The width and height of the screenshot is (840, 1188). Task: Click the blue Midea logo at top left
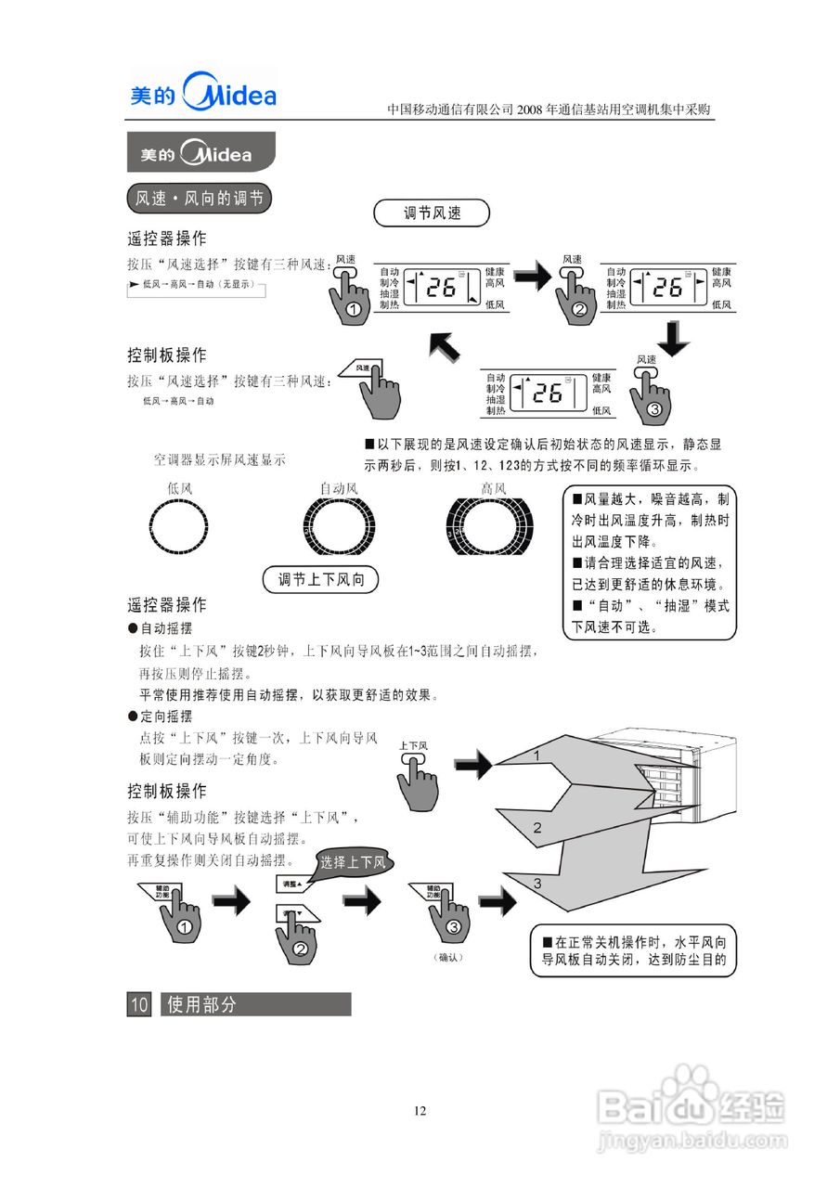[x=203, y=93]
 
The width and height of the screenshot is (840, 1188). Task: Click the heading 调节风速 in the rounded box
[x=432, y=213]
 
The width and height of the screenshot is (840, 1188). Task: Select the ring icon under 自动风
[x=338, y=530]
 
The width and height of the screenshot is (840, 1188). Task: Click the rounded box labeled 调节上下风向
[x=321, y=580]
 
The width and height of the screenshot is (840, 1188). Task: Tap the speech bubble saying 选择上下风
[x=353, y=862]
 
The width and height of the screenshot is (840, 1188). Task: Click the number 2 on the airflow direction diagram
[x=536, y=828]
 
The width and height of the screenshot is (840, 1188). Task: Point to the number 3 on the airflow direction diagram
[x=536, y=884]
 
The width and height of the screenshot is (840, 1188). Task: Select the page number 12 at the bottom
[x=420, y=1111]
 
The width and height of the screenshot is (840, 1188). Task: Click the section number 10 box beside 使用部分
[x=139, y=1004]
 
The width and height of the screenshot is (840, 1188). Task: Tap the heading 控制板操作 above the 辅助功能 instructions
[x=167, y=792]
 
